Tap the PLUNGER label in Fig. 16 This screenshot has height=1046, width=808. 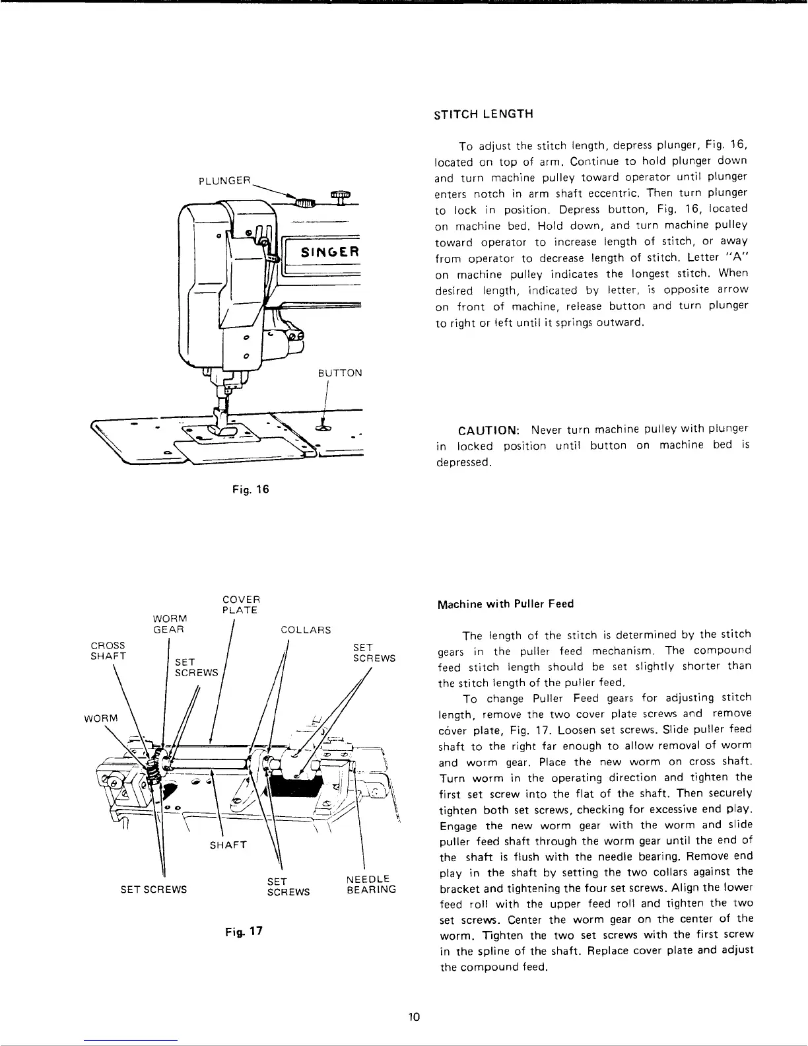pos(225,179)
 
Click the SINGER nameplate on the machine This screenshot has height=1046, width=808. pos(329,252)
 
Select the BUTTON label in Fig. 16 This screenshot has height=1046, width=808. pos(340,372)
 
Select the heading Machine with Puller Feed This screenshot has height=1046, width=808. pos(506,604)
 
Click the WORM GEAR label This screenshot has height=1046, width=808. pos(170,624)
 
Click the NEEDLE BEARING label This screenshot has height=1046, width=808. pos(371,884)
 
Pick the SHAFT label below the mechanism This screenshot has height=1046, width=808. pos(228,845)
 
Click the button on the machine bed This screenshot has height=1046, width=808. pos(323,429)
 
